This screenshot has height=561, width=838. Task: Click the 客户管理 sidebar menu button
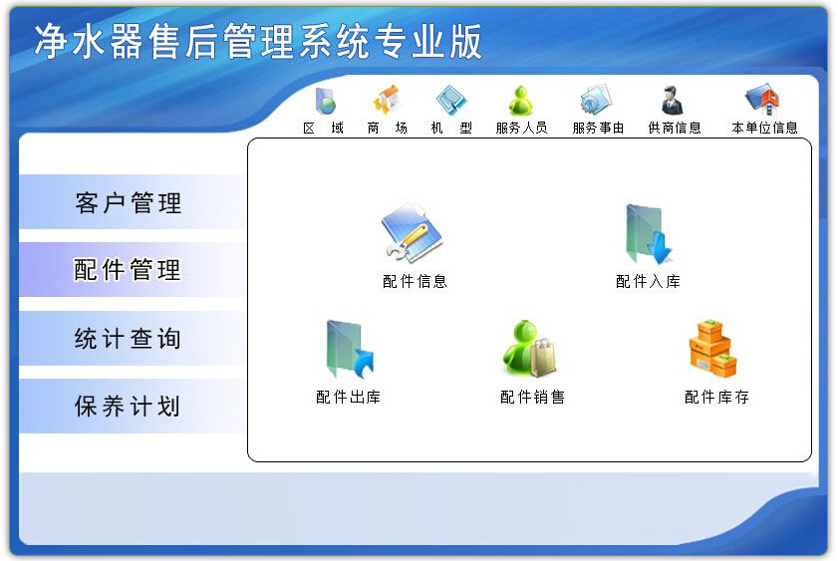pos(129,203)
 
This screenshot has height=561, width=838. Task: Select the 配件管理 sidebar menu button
pos(129,270)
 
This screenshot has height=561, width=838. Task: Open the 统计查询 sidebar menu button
pos(129,339)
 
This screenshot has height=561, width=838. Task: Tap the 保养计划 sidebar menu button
pos(129,407)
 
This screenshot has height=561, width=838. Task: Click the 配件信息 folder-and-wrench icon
pos(413,235)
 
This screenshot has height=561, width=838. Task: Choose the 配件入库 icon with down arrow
pos(648,235)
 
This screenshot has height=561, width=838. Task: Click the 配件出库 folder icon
pos(348,350)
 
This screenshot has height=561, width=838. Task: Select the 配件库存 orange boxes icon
pos(712,349)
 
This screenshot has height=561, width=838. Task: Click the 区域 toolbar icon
pos(325,102)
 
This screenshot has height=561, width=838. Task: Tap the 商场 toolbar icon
pos(387,101)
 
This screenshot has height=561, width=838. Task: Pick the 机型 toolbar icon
pos(451,101)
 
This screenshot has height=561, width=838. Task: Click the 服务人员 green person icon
pos(521,101)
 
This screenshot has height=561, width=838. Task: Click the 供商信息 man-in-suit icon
pos(673,101)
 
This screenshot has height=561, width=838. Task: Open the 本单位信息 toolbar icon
pos(762,100)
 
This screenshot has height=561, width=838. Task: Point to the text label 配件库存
pos(716,398)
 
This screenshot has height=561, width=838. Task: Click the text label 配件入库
pos(648,282)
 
